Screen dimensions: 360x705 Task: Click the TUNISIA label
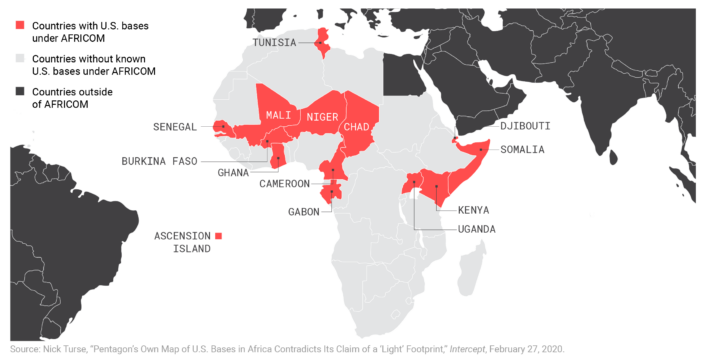275,43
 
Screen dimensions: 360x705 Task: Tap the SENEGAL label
176,127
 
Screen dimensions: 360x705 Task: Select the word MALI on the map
278,115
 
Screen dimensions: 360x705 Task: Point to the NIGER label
322,117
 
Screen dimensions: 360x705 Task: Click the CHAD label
356,127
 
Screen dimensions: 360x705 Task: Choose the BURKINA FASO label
159,160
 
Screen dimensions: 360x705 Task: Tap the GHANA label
234,172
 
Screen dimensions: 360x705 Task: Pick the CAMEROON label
287,184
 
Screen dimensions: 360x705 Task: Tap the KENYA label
474,210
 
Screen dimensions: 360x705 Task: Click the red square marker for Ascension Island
219,235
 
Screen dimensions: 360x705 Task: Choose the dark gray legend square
18,91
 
